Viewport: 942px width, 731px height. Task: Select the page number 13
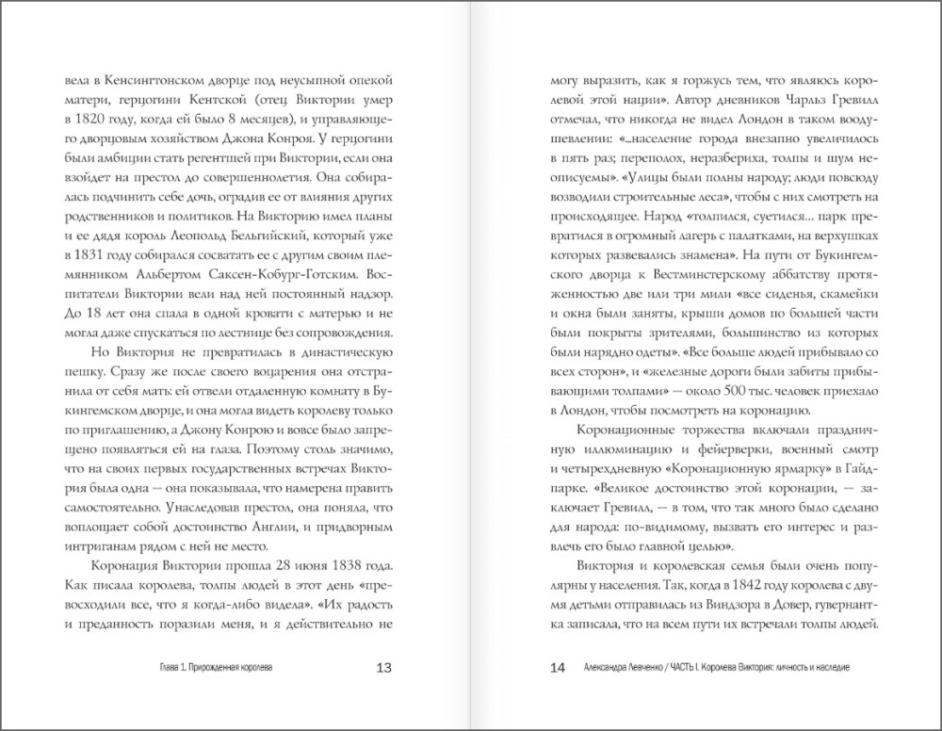coord(383,668)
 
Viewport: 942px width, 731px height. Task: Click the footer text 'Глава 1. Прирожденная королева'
coord(217,668)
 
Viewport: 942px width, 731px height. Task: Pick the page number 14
coord(556,668)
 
